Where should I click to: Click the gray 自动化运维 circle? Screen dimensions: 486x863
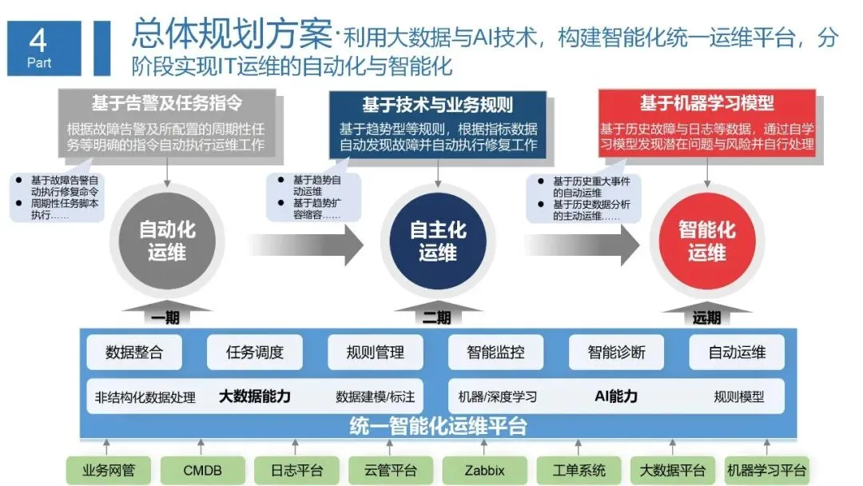[167, 241]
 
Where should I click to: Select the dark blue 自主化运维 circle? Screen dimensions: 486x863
[438, 241]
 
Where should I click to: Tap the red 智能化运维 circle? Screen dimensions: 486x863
[706, 241]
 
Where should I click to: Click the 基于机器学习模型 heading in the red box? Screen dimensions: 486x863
[706, 104]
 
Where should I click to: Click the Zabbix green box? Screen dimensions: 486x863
[484, 471]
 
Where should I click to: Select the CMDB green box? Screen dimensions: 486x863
[202, 471]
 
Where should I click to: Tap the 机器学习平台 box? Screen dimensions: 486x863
[766, 471]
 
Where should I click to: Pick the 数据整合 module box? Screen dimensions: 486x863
[134, 352]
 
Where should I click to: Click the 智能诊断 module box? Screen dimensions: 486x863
[616, 352]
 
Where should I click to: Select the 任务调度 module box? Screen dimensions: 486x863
[255, 352]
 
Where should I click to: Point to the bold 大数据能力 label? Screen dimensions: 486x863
[255, 396]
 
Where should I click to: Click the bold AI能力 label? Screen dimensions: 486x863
[616, 396]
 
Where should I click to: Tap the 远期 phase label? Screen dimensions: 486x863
[706, 318]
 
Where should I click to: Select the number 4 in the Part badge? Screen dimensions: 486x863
[38, 40]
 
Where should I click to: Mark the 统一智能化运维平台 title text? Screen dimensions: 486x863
[438, 426]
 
